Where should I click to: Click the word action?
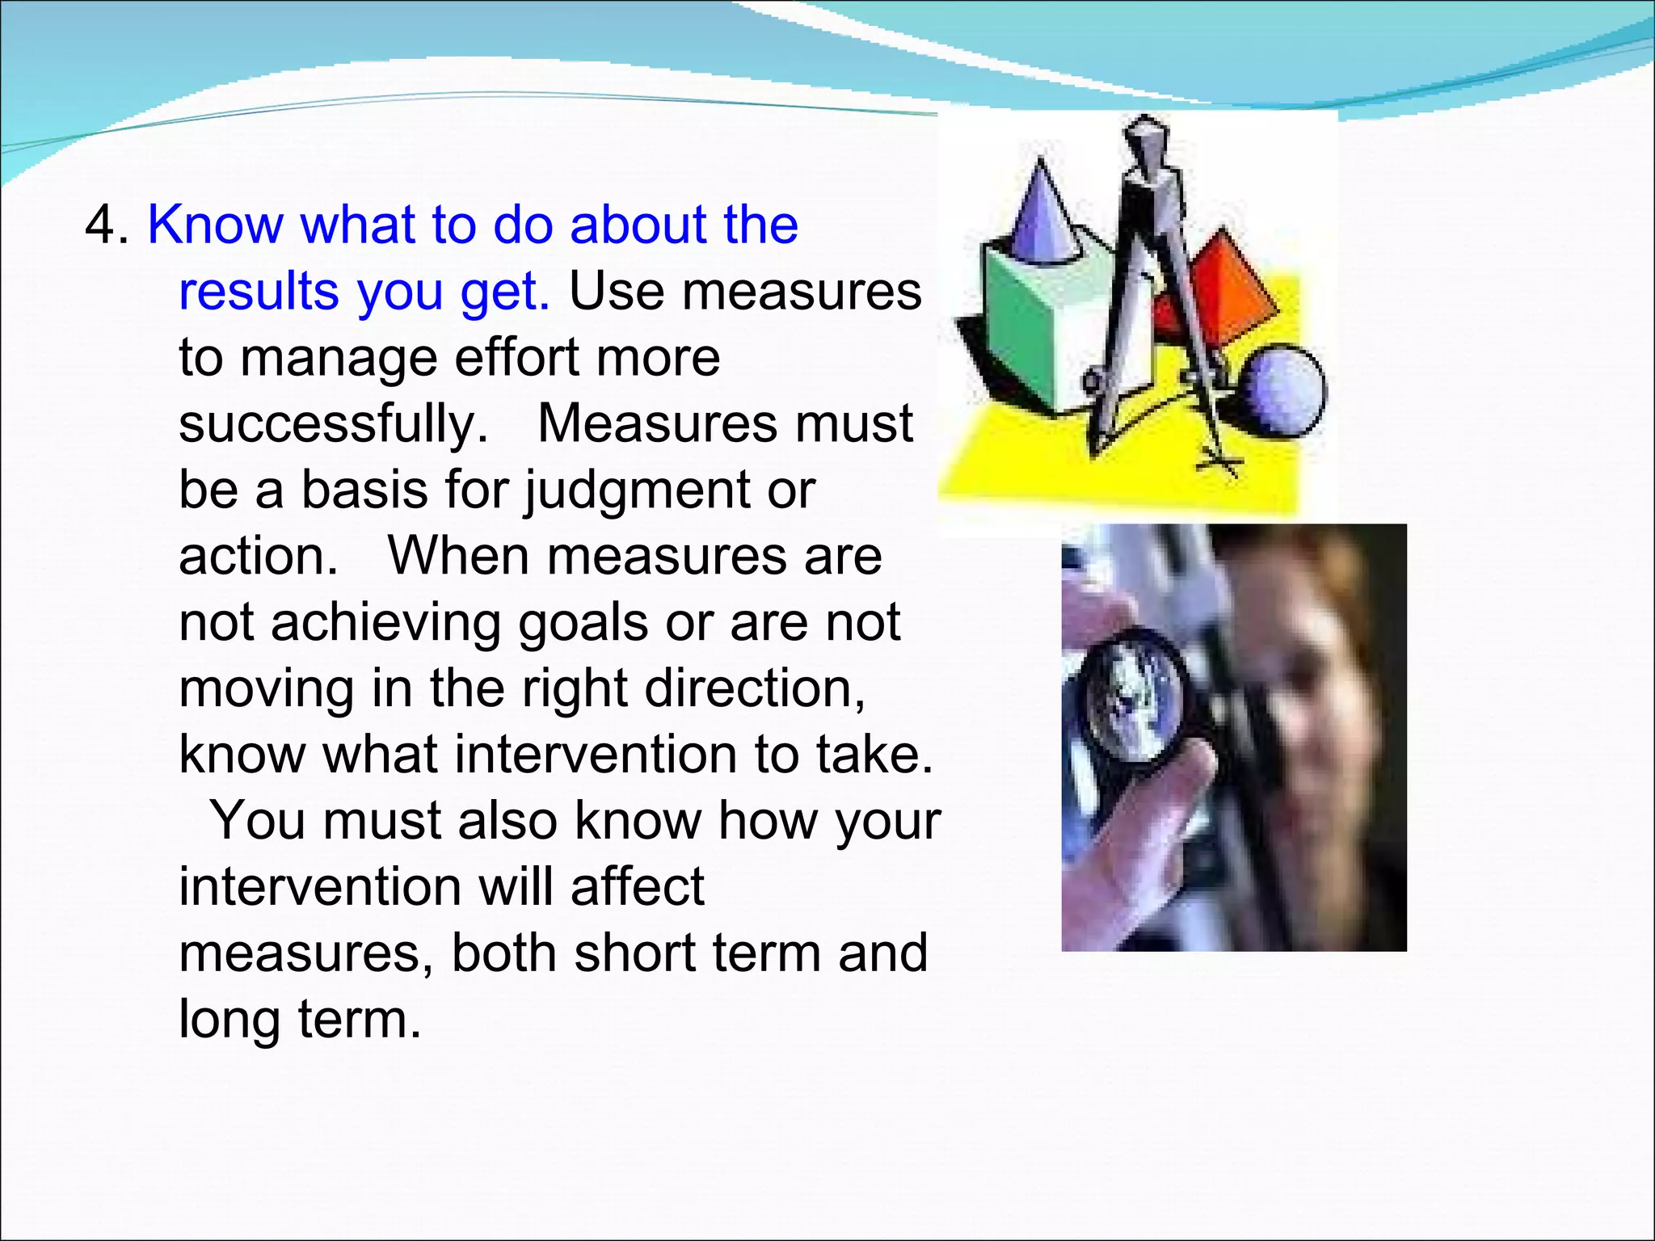tap(257, 557)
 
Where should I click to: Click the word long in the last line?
tap(229, 1020)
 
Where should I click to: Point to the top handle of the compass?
tap(1148, 145)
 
